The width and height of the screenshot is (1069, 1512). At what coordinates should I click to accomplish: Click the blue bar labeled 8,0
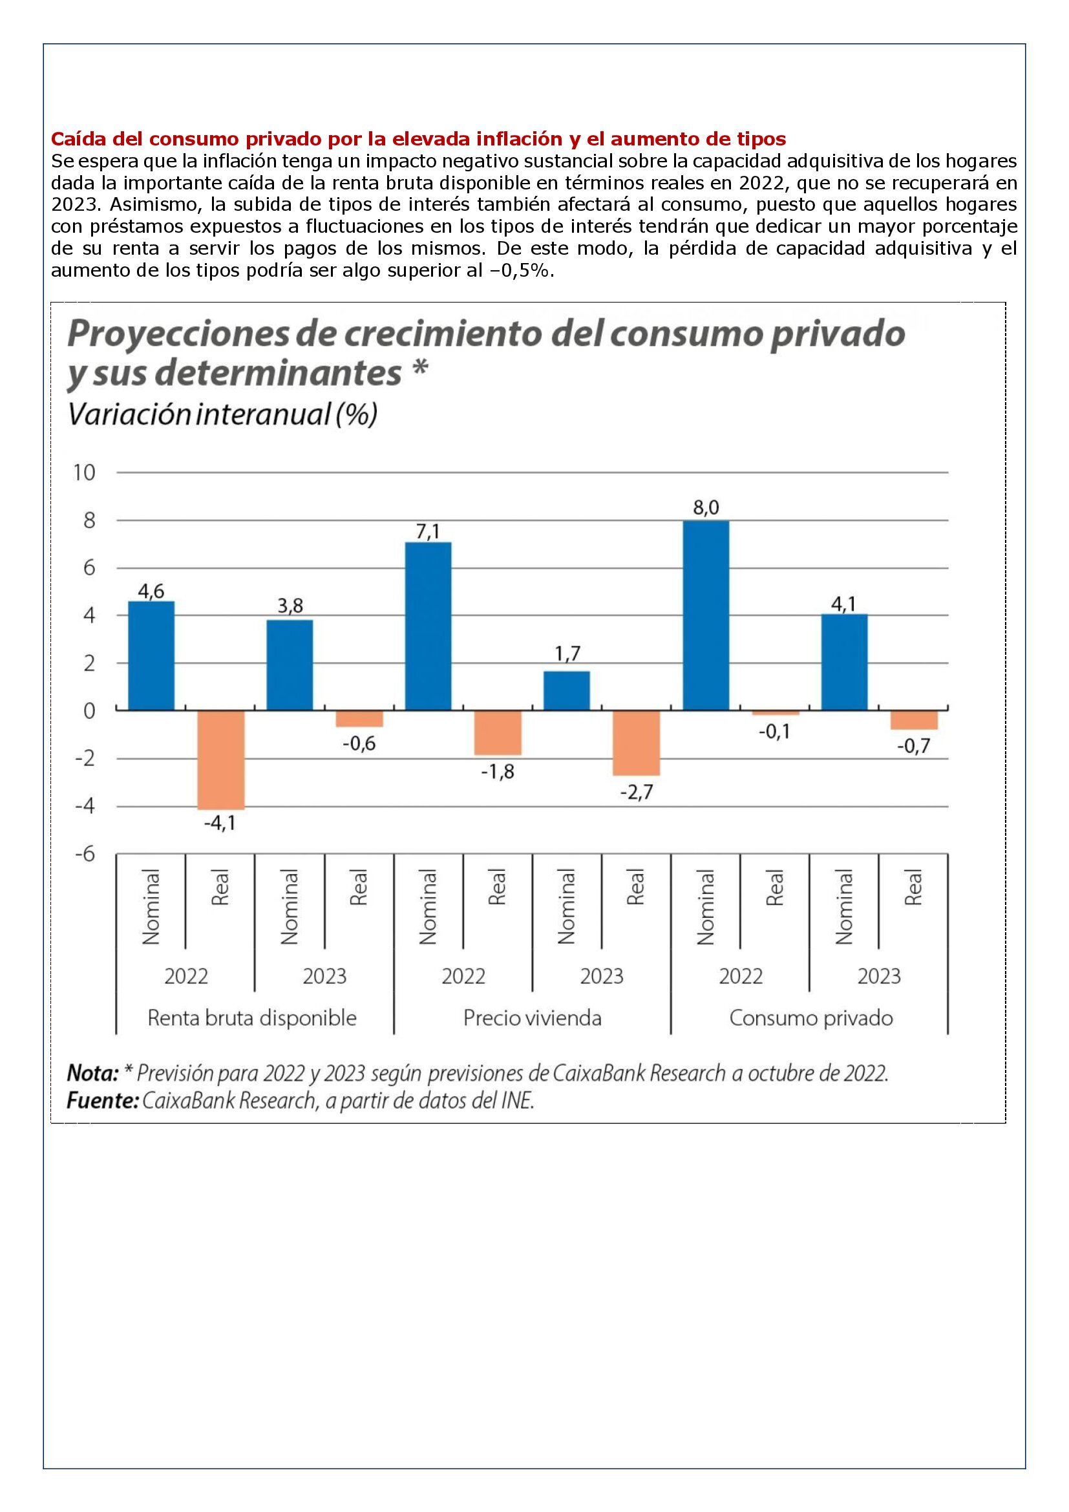click(705, 615)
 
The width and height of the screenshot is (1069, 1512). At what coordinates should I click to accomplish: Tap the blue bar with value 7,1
click(428, 626)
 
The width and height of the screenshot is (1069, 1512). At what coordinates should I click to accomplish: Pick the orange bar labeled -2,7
click(636, 743)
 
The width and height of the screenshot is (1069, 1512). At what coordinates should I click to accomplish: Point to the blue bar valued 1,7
click(567, 690)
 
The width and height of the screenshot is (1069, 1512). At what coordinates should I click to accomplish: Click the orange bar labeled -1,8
click(498, 732)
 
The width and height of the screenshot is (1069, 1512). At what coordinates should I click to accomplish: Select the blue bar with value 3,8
click(290, 665)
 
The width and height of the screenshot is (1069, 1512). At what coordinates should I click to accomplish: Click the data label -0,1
click(774, 732)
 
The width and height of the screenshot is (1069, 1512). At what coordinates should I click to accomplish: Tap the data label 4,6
click(151, 591)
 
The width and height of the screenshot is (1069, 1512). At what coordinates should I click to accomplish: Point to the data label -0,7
click(913, 747)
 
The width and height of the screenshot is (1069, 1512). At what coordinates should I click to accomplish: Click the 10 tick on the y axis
click(83, 472)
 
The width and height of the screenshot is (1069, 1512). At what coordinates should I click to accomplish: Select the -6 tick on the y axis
click(85, 854)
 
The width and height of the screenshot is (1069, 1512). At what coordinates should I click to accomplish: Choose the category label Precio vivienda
click(533, 1018)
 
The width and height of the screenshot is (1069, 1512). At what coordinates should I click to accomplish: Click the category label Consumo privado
click(811, 1018)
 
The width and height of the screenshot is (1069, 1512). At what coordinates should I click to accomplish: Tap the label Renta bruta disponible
click(252, 1018)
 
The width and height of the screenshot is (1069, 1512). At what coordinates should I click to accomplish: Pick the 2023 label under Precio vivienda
click(602, 975)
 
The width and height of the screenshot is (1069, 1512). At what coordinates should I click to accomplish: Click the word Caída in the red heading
click(74, 139)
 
